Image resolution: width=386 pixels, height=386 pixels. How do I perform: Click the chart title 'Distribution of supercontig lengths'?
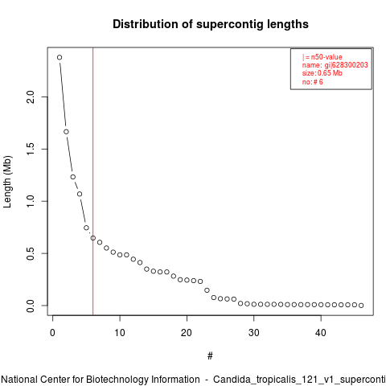211,24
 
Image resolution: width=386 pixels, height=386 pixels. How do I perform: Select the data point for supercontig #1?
60,57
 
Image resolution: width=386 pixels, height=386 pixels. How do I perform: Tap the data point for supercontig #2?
66,132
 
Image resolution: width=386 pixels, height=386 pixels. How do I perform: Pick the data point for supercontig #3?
73,177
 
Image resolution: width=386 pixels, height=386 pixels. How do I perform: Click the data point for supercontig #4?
80,194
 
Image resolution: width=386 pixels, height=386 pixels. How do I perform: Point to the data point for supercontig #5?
86,228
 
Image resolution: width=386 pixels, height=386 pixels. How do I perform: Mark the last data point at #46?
361,306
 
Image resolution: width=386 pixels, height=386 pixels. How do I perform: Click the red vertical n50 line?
92,182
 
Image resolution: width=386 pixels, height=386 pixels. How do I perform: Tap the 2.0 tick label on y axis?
31,97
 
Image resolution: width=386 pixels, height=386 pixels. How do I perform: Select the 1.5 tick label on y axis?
31,149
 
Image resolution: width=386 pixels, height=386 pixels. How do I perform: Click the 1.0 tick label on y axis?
31,201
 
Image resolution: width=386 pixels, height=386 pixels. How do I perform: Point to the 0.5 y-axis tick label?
31,253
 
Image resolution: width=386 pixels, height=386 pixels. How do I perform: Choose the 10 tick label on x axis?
120,333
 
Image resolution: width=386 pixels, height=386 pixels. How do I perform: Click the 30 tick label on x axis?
254,333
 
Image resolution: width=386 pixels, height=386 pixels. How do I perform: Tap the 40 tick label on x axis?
321,333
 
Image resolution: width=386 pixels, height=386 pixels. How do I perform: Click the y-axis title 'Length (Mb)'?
7,182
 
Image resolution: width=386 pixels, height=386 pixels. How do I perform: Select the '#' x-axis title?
210,356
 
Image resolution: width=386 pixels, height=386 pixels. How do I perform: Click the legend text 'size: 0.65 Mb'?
322,73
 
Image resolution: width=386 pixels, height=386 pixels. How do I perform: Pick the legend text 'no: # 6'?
313,82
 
